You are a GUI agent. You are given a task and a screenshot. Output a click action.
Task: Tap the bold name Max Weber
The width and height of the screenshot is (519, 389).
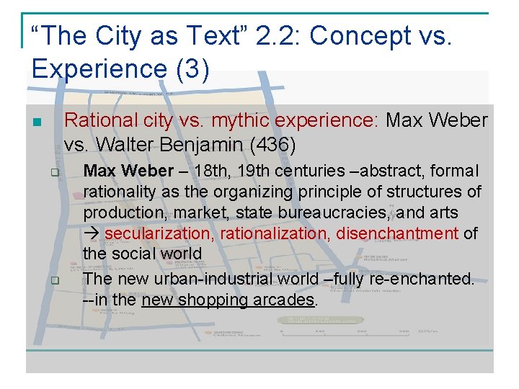(128, 171)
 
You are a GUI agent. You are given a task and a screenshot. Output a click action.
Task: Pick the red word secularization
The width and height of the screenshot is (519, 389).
(159, 233)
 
